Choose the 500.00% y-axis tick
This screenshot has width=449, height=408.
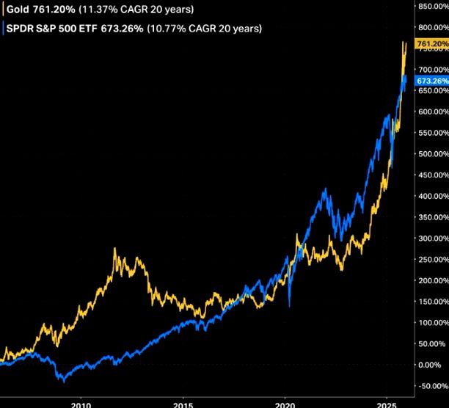[429, 154]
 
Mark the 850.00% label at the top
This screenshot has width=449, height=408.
[429, 6]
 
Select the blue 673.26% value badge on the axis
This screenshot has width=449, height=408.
[431, 80]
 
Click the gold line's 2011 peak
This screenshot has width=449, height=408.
[116, 249]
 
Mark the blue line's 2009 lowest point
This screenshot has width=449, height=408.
[64, 382]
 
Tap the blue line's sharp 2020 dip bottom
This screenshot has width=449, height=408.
[290, 305]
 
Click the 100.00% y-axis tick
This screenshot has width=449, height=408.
[429, 323]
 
